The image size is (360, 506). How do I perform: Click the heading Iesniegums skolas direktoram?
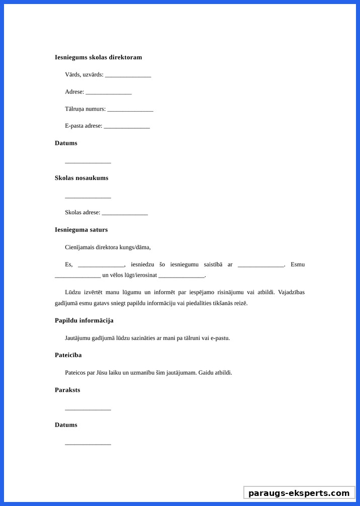(98, 57)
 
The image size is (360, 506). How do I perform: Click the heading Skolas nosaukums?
(81, 178)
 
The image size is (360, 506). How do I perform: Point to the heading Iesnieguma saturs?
(81, 230)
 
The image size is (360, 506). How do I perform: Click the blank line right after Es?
(101, 265)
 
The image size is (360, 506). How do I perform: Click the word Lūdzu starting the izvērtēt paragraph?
(72, 292)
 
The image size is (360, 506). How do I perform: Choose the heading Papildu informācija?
(84, 320)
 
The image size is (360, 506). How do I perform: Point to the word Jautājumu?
(79, 338)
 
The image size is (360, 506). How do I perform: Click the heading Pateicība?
(68, 355)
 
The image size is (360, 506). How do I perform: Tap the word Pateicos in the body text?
(76, 373)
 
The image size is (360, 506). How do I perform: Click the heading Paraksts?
(67, 390)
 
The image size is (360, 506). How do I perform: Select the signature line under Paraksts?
(88, 409)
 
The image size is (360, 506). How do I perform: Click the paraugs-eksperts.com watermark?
(299, 493)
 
